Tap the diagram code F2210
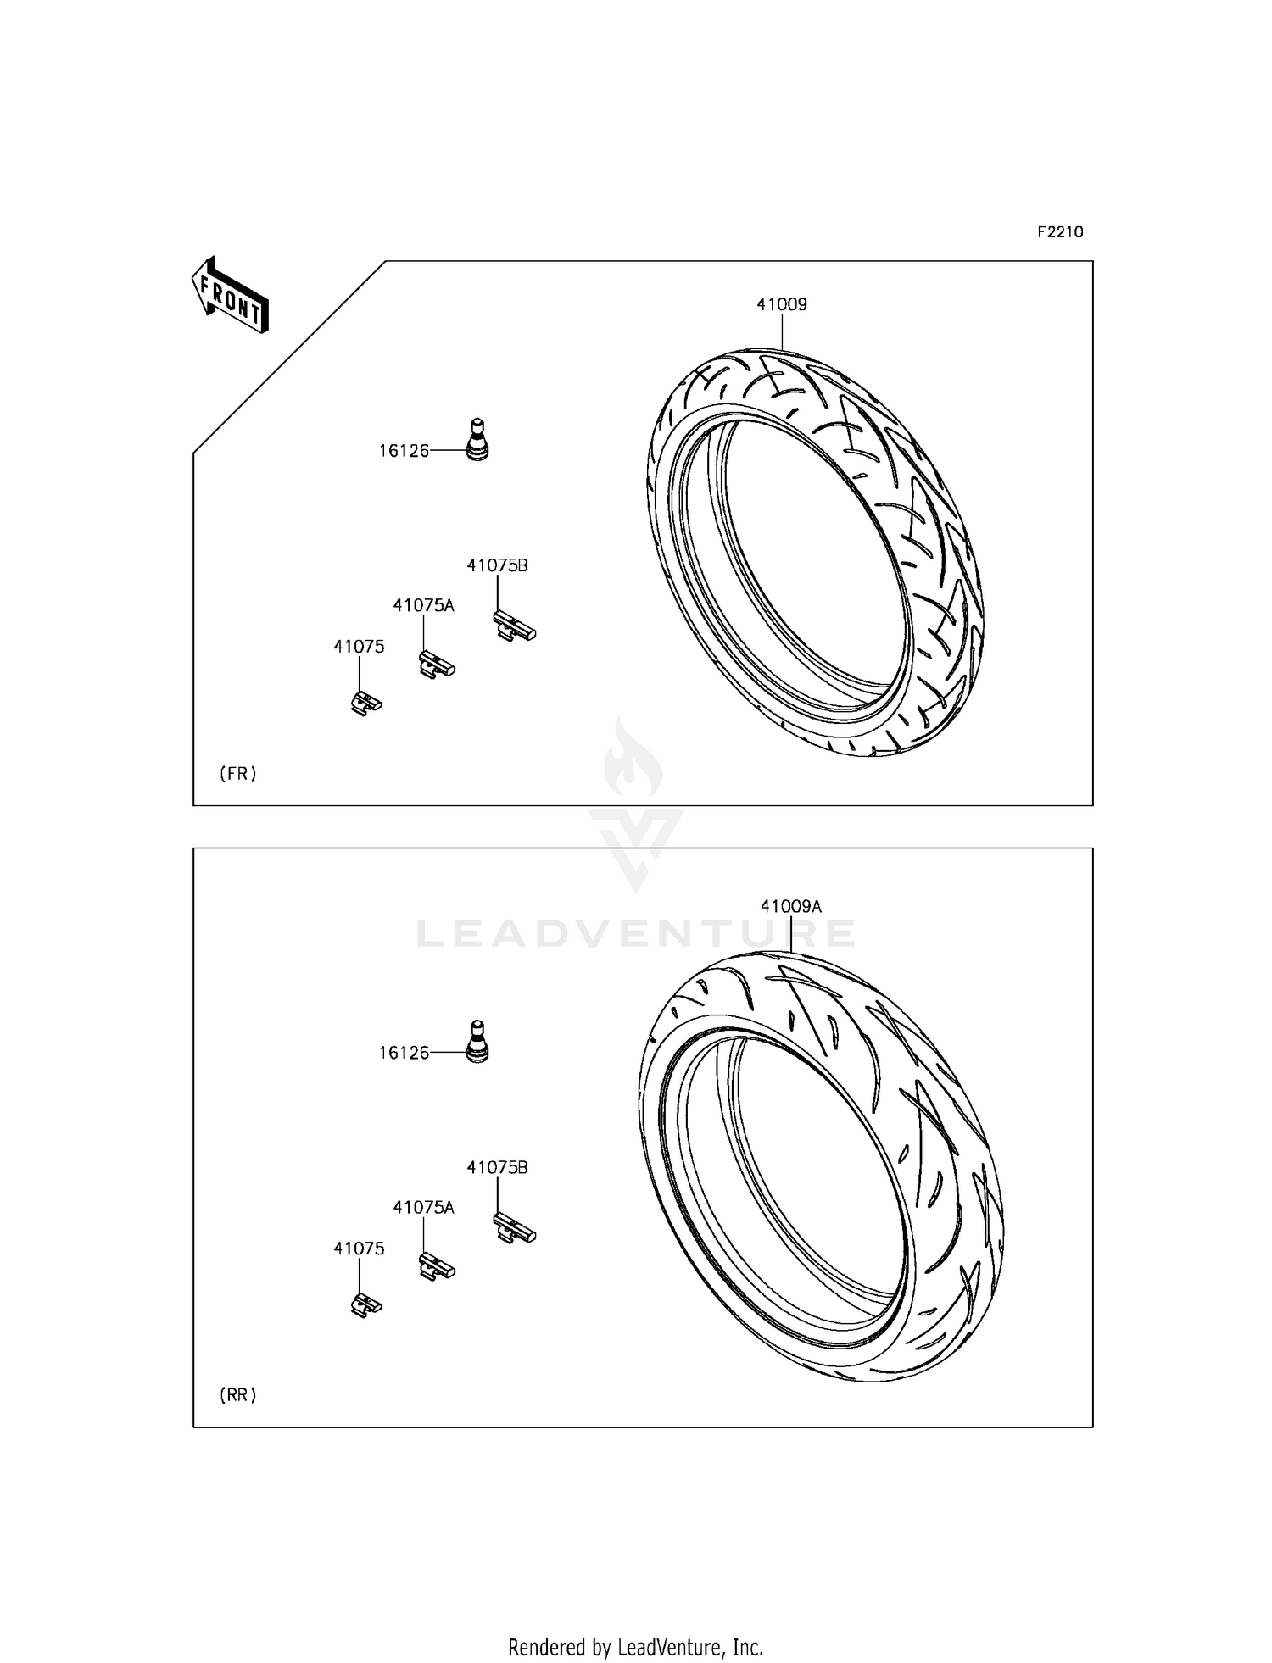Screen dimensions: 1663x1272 pos(1060,232)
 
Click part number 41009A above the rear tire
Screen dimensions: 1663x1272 pos(790,906)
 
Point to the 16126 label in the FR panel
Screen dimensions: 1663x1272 pos(404,452)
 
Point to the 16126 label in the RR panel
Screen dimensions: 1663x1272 pos(404,1054)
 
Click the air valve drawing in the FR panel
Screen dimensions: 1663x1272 pos(478,440)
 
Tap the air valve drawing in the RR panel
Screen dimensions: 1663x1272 pos(478,1042)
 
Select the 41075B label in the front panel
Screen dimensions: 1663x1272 pos(497,565)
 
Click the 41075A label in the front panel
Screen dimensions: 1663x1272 pos(423,606)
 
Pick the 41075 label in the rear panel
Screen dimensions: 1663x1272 pos(359,1249)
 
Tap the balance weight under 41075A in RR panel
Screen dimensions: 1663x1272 pos(437,1267)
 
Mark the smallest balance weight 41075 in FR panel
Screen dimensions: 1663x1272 pos(366,704)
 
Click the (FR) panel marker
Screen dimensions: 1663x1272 pos(238,773)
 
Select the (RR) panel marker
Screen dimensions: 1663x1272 pos(238,1394)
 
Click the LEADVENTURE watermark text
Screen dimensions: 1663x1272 pos(636,934)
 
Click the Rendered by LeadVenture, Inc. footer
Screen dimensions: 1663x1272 pos(636,1647)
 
